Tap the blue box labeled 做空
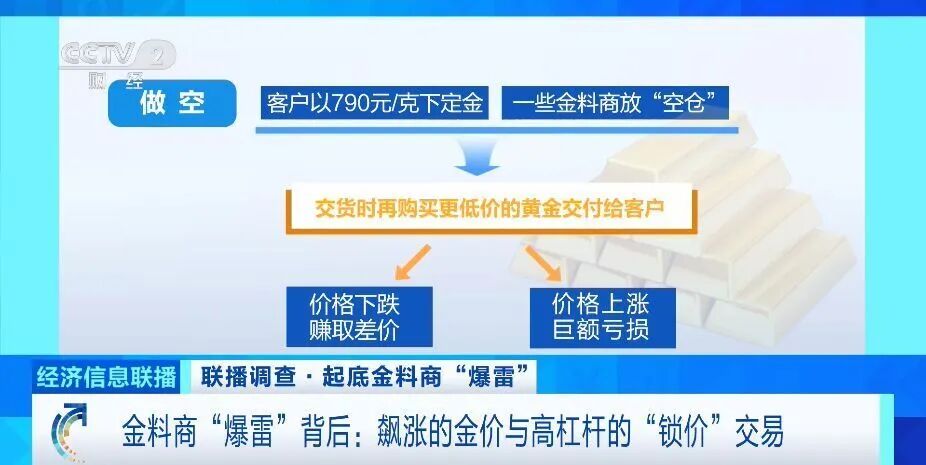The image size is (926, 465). [x=172, y=104]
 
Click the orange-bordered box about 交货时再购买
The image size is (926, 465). [x=490, y=210]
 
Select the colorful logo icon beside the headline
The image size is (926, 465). [x=71, y=432]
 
